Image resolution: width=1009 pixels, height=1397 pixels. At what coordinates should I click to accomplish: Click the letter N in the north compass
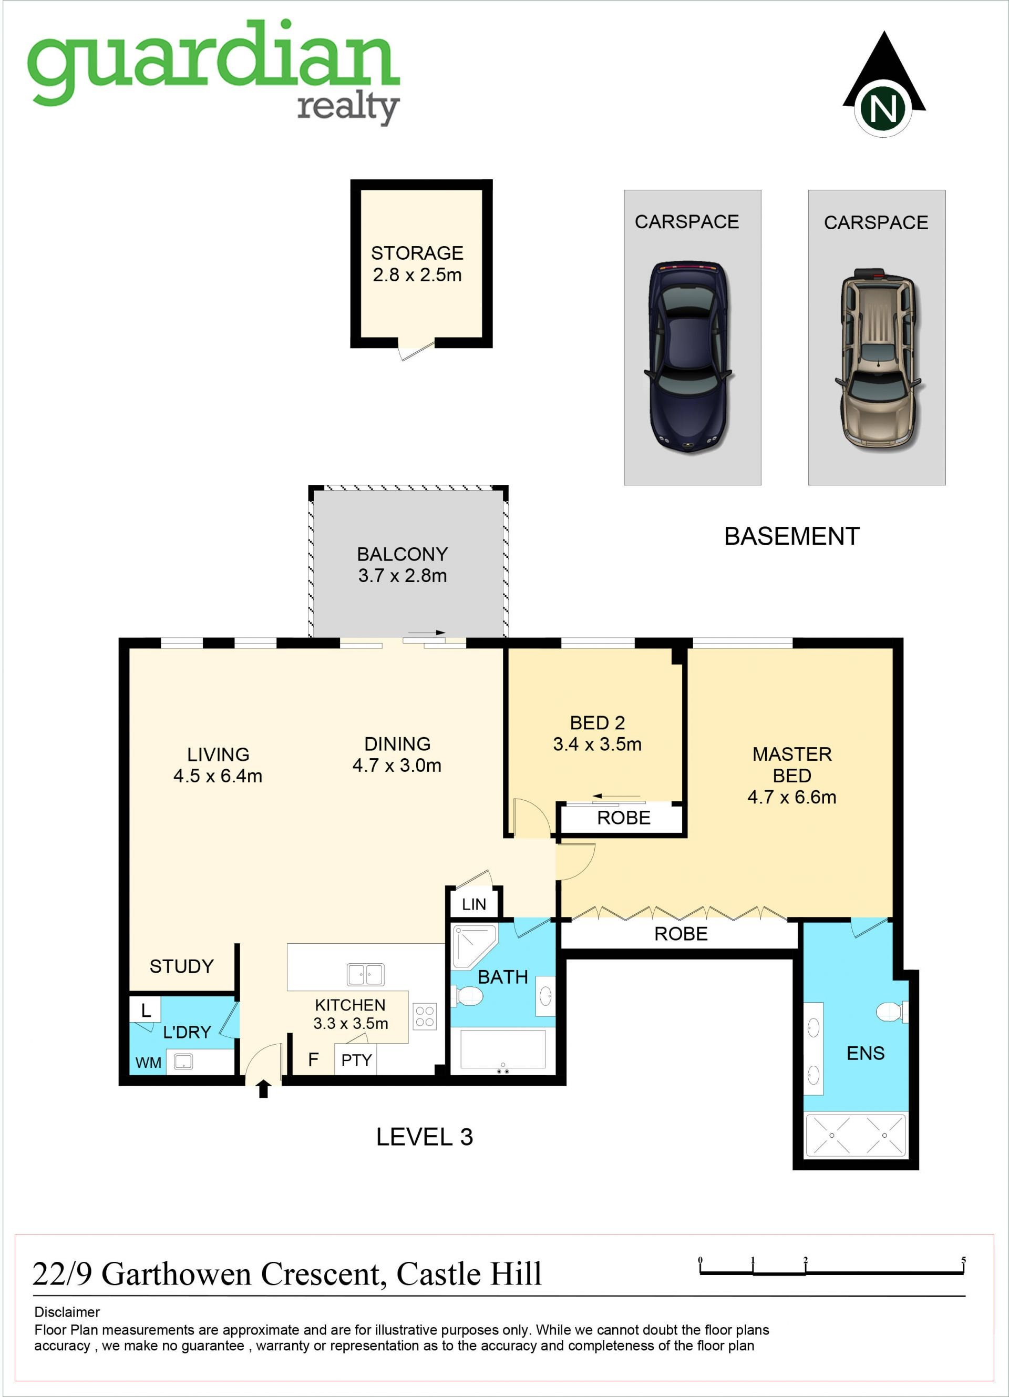pos(883,108)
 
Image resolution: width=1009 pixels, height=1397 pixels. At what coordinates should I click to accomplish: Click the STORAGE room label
pos(417,252)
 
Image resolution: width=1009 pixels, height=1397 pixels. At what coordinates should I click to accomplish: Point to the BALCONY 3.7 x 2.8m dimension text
pos(403,575)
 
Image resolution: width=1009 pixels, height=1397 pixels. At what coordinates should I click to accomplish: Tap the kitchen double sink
pos(366,975)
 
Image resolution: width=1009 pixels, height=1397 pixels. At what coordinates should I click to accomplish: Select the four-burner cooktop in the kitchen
pos(425,1016)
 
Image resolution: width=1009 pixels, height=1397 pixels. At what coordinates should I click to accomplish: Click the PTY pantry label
pos(356,1059)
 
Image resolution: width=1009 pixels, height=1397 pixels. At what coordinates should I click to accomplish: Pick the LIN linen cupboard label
pos(474,904)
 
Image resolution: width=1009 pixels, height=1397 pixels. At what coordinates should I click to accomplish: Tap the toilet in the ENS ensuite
pos(892,1012)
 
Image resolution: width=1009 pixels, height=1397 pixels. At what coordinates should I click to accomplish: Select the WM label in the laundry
pos(148,1063)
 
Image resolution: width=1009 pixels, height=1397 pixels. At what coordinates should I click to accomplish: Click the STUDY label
pos(182,966)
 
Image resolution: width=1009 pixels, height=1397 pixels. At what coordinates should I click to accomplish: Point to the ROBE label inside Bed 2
pos(624,818)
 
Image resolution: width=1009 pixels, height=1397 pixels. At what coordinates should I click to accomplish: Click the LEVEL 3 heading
pos(424,1136)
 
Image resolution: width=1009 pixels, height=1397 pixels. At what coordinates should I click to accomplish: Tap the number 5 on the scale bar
pos(963,1260)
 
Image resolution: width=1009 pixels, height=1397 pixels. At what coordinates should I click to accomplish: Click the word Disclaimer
pos(67,1312)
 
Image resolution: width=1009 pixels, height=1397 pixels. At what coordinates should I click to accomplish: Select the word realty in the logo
pos(348,108)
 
